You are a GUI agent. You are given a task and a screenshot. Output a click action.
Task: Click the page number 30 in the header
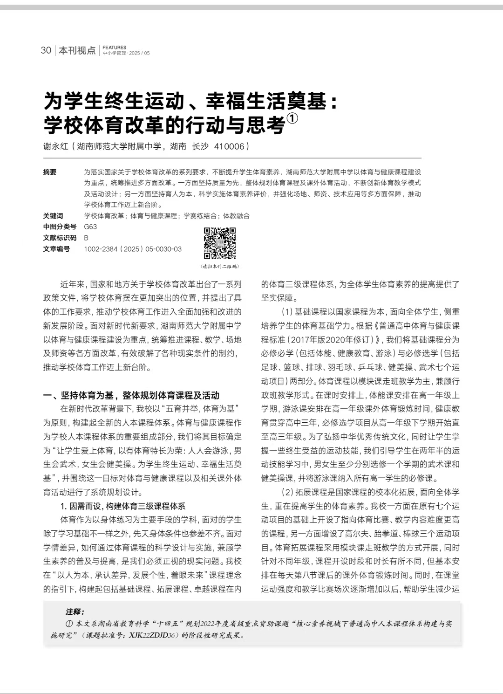[46, 50]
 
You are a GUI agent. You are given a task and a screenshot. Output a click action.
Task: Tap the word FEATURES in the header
[114, 48]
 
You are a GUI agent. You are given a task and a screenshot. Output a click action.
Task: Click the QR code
[220, 243]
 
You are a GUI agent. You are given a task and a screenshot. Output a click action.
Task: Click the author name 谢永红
[55, 146]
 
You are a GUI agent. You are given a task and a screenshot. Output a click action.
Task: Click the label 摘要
[50, 172]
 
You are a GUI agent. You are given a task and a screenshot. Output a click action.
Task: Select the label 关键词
[53, 216]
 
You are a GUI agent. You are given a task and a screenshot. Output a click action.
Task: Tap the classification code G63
[90, 227]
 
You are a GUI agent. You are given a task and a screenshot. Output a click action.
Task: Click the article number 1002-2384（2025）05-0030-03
[133, 249]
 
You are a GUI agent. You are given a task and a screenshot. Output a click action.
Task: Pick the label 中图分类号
[60, 227]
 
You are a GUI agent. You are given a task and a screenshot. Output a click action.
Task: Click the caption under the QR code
[220, 267]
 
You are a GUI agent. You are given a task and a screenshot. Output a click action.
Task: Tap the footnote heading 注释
[75, 612]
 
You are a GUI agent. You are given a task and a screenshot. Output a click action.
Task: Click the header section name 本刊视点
[77, 50]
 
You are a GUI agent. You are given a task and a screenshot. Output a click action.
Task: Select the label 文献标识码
[60, 238]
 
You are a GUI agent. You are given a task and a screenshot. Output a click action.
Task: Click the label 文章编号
[56, 249]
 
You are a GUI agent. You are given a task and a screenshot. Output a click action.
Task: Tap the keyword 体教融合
[236, 216]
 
